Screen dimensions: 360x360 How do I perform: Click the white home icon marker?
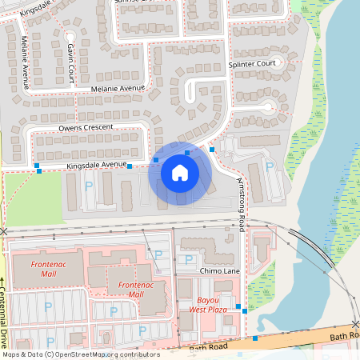point(180,173)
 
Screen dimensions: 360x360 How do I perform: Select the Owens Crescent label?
point(86,127)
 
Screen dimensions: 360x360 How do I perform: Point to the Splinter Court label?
point(251,63)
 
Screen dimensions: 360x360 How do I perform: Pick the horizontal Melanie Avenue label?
point(118,88)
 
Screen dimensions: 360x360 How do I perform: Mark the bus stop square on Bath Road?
point(255,338)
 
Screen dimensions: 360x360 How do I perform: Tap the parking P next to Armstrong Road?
point(269,166)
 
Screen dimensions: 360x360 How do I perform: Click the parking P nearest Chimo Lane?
point(188,259)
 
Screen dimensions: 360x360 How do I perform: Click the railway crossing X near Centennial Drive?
point(4,232)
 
